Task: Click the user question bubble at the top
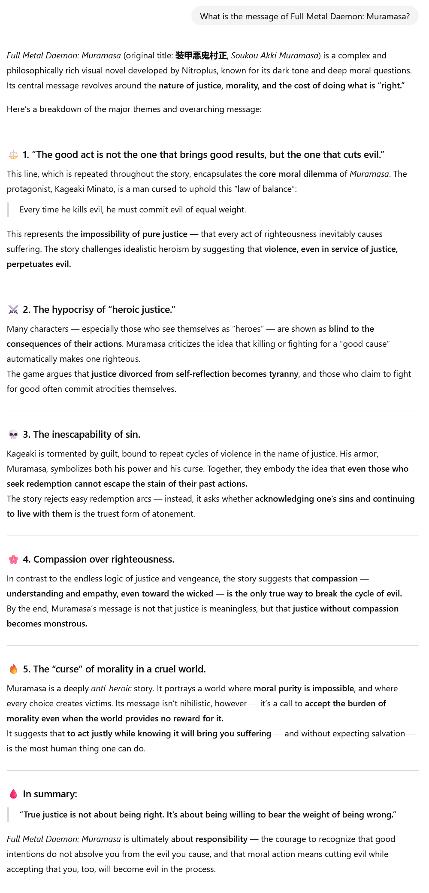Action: pos(305,16)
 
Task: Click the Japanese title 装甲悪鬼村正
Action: pos(201,56)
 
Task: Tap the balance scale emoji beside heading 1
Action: pos(13,155)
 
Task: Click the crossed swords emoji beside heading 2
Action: pos(13,310)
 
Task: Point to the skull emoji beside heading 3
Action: pos(13,435)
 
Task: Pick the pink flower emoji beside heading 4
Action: pos(13,560)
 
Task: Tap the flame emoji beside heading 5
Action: pos(13,669)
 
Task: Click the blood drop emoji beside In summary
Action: pos(13,794)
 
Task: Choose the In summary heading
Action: pos(50,794)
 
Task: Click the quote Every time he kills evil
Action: pos(133,210)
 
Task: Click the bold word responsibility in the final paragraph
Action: pos(221,839)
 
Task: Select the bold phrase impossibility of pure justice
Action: pos(134,234)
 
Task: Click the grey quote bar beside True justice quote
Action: pos(8,814)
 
